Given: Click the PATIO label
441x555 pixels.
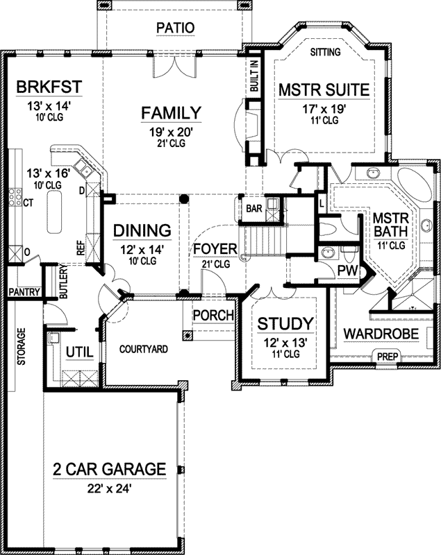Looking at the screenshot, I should (x=174, y=28).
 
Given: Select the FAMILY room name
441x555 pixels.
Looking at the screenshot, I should (x=172, y=112).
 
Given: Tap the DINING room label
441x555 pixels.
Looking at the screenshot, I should (x=142, y=230).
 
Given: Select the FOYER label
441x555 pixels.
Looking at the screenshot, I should (x=215, y=249).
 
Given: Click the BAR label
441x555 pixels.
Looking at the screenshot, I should (x=252, y=207).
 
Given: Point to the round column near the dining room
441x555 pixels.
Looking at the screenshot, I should (x=184, y=199).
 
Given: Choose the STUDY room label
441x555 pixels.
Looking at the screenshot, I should (x=285, y=323).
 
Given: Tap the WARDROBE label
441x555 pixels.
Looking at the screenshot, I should (x=381, y=334).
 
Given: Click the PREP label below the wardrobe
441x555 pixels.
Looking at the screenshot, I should (x=387, y=357).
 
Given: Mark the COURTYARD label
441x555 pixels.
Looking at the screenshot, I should (x=144, y=349).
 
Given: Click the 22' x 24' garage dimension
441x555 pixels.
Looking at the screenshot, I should (x=110, y=488).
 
